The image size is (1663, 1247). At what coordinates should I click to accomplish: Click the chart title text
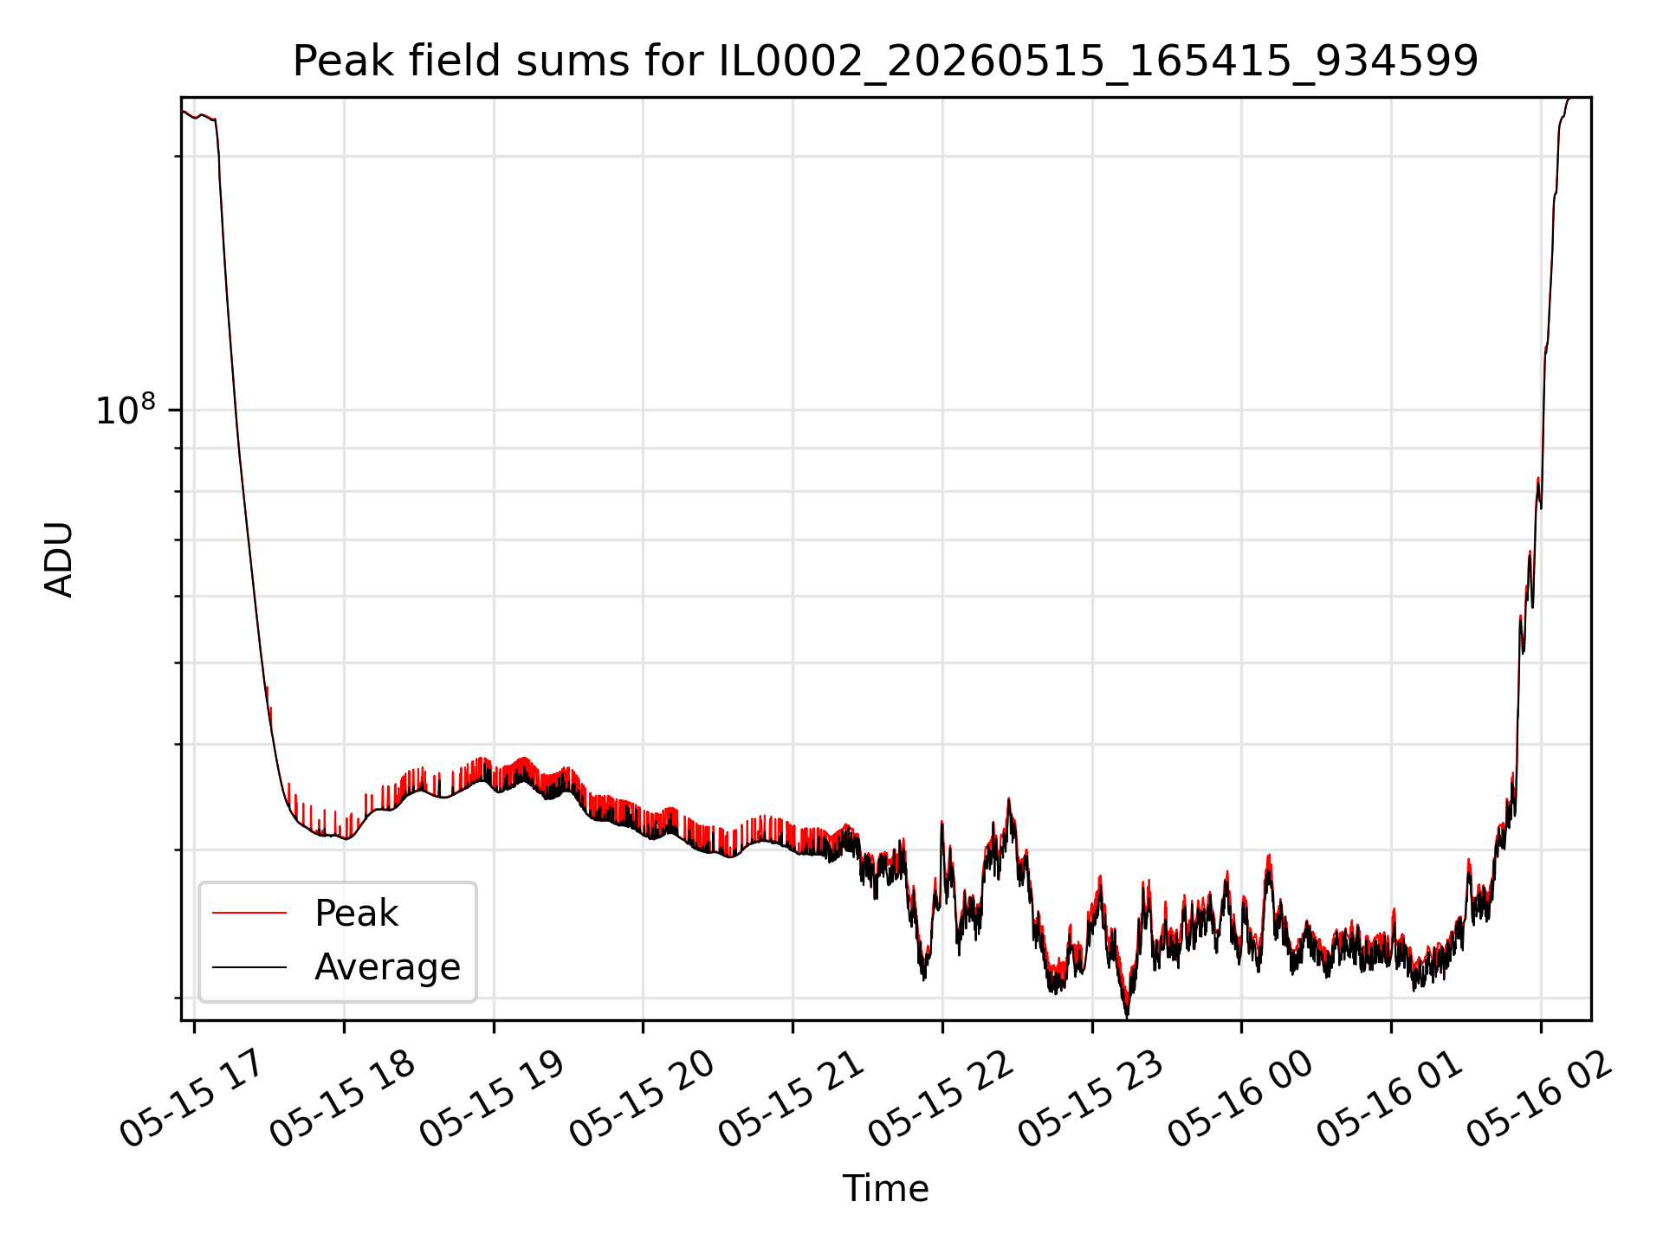885,61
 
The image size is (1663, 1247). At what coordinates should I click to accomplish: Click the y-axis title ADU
59,559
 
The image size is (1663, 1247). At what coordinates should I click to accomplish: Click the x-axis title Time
885,1189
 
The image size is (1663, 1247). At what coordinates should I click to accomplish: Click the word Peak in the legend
356,914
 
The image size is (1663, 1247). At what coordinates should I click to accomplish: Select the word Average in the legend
387,967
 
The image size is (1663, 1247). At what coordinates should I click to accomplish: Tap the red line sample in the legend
249,913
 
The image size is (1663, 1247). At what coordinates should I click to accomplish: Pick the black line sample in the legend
249,966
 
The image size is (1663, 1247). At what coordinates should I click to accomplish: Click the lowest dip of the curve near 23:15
1127,1017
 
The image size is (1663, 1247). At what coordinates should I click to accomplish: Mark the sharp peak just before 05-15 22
942,822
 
